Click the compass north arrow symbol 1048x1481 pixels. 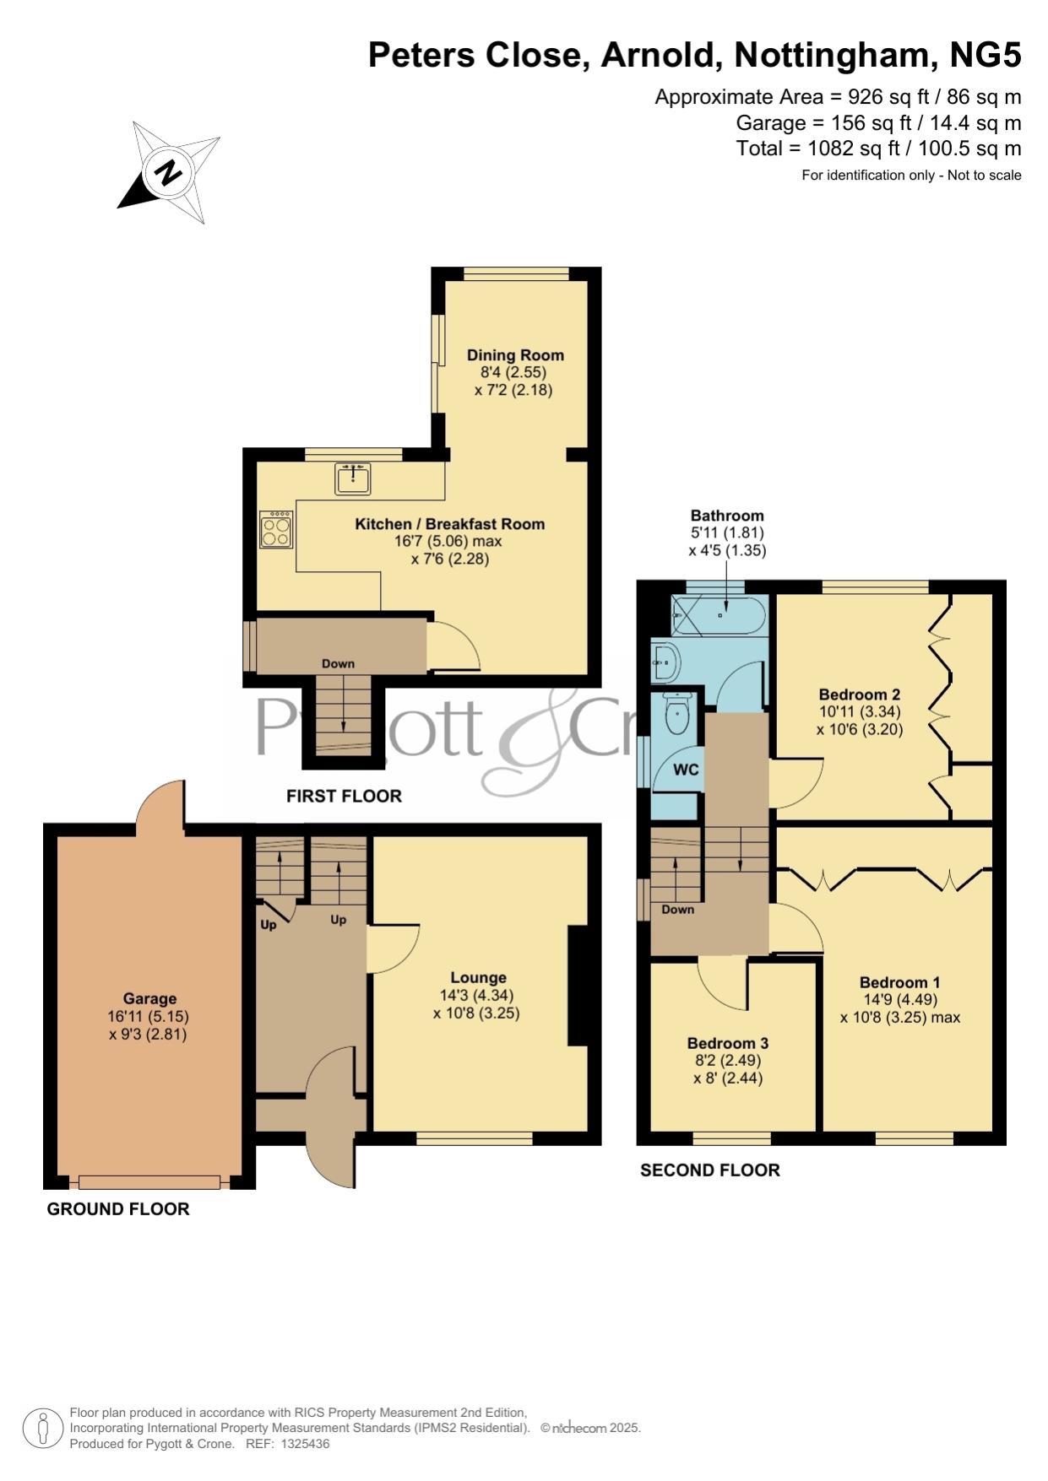coord(169,173)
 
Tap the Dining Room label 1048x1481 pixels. coord(515,355)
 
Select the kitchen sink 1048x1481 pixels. coord(353,478)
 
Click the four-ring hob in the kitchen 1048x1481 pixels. coord(276,530)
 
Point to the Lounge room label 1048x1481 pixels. coord(478,978)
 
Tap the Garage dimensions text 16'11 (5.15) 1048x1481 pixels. coord(148,1017)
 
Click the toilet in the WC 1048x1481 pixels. coord(678,713)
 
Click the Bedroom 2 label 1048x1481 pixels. coord(860,695)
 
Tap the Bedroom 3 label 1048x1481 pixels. coord(728,1043)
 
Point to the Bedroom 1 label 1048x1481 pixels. coord(900,982)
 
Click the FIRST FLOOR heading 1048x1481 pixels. coord(344,796)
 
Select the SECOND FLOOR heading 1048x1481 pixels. coord(710,1170)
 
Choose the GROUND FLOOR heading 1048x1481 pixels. coord(118,1209)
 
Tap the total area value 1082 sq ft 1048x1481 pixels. coord(854,149)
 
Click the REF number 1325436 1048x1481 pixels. coord(305,1444)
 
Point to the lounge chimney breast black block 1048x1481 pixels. coord(578,986)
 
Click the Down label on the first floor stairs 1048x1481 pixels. coord(338,664)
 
